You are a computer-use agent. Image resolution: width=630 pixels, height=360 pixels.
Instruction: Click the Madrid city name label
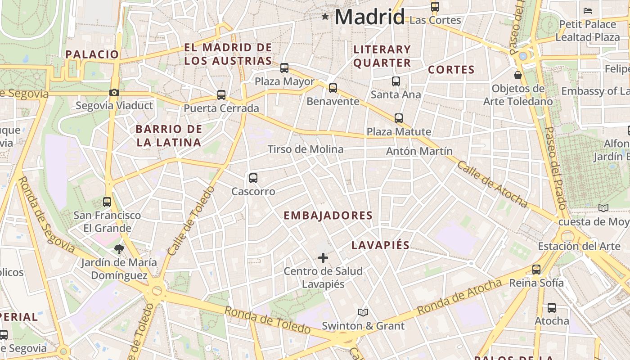click(369, 17)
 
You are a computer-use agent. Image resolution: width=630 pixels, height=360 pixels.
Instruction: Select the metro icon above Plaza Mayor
click(284, 68)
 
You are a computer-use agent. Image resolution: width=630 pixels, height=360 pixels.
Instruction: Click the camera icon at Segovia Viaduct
click(114, 92)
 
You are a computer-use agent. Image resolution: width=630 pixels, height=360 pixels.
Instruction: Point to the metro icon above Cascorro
click(253, 178)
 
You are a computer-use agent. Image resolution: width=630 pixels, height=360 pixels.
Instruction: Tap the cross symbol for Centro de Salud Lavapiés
click(323, 258)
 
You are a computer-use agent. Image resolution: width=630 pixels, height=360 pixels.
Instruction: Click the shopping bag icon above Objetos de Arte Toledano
click(518, 75)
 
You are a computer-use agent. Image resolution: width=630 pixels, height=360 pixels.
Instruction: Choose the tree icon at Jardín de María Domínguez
click(119, 249)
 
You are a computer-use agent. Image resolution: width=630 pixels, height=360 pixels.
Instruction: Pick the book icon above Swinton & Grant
click(363, 312)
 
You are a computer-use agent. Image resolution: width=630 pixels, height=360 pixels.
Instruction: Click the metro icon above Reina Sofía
click(536, 270)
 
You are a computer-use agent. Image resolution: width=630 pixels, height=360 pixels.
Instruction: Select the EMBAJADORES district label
click(328, 216)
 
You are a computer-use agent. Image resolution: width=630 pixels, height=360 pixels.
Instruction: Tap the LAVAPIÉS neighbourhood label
click(380, 245)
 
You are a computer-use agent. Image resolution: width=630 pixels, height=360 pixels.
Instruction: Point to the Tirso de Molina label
click(306, 149)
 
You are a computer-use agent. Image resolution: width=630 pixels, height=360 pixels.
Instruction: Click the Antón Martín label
click(419, 151)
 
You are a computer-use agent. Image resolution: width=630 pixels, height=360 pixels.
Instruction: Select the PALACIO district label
click(92, 54)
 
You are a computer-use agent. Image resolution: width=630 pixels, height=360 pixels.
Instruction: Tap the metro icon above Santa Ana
click(396, 81)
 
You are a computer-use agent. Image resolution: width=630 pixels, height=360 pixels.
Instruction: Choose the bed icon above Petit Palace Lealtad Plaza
click(587, 11)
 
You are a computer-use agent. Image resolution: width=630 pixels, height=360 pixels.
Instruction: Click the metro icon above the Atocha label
click(552, 308)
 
